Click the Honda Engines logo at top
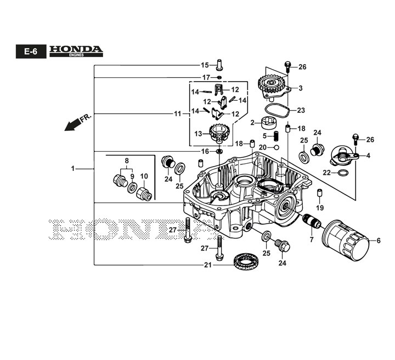click(76, 50)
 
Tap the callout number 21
click(208, 265)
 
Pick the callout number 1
click(73, 169)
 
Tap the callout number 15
click(205, 65)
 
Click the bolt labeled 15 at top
click(220, 64)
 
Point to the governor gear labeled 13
click(218, 133)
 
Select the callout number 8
click(127, 161)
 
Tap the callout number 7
click(311, 240)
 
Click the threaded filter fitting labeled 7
click(313, 223)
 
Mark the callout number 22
click(326, 173)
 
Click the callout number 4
click(368, 156)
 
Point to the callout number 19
click(320, 208)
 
